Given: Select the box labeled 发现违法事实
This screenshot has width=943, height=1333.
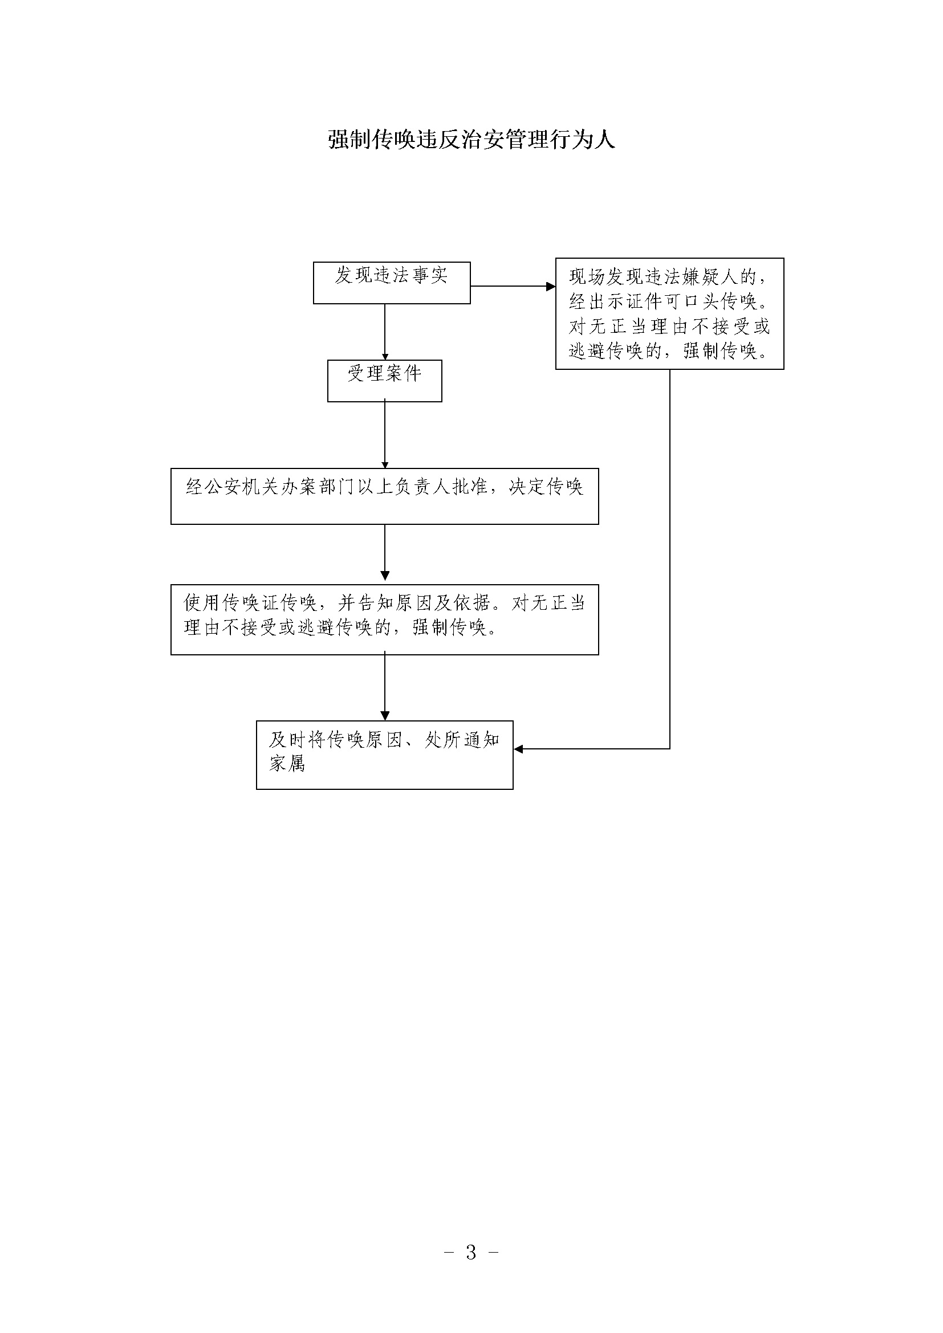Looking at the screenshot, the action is tap(391, 283).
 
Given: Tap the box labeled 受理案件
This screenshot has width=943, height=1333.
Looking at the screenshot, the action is tap(384, 381).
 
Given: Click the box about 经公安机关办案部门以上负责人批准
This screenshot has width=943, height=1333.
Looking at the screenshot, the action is tap(384, 496).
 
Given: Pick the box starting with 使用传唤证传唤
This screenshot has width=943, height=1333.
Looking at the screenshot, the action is tap(384, 619).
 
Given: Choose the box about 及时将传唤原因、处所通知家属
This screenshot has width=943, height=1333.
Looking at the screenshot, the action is tap(384, 755).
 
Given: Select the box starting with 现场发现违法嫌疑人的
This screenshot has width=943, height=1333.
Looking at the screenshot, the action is tap(669, 313).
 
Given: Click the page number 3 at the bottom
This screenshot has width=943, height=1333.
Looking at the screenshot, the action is tap(471, 1252).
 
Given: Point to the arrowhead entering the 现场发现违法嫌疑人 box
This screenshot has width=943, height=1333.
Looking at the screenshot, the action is tap(551, 286).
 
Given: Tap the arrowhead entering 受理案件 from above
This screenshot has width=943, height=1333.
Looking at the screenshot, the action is tap(384, 356).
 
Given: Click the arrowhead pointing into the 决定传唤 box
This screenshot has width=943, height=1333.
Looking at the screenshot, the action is tap(384, 464).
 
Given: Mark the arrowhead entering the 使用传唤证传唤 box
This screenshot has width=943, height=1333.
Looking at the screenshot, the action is tap(384, 576).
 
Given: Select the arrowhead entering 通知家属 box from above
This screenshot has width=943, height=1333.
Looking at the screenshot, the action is tap(384, 716).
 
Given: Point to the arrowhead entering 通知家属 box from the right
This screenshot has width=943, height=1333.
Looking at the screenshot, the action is tap(518, 749).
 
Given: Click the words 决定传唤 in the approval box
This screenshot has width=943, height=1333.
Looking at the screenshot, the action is tap(546, 487).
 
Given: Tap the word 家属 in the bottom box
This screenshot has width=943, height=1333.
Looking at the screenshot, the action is tap(287, 763).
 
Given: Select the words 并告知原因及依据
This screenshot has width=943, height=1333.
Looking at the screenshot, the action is tap(414, 603).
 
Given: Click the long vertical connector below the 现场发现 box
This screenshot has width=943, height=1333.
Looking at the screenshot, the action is tap(670, 559).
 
